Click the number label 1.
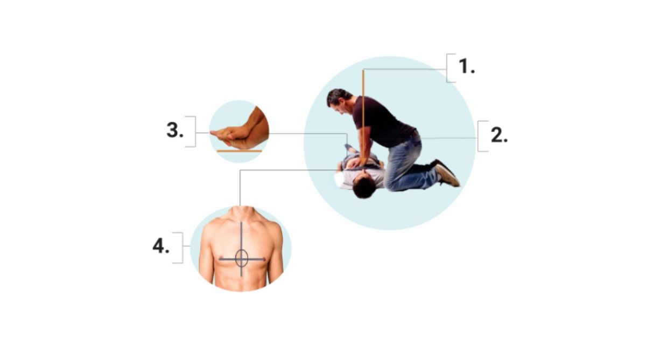pos(466,67)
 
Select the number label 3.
pos(175,131)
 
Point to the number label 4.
pos(161,246)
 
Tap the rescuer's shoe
pos(447,174)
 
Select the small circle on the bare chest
pos(241,258)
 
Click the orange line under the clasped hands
pos(239,152)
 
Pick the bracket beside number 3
pos(191,131)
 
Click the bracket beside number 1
pos(451,68)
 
